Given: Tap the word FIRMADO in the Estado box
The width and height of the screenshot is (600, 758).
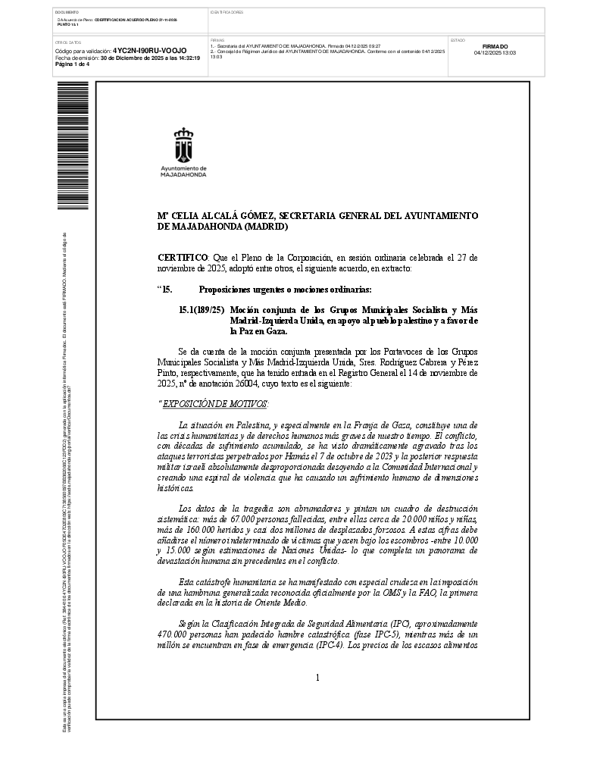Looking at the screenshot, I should pos(495,46).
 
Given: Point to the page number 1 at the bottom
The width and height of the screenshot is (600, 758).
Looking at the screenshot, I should pos(317,678).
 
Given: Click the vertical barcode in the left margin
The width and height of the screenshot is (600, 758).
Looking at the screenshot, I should pos(73,146).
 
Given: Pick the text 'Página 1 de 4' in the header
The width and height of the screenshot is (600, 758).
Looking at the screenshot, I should pos(73,64).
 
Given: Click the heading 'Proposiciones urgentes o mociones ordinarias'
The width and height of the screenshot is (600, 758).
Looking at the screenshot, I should pos(285,290).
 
